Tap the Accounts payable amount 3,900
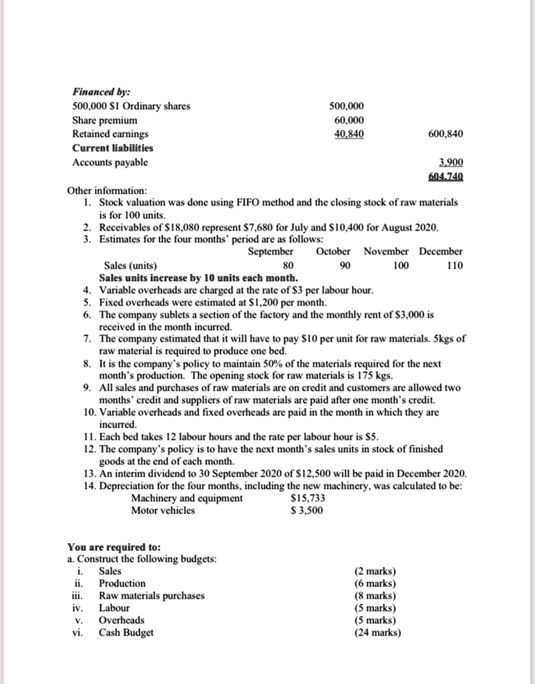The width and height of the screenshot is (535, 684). pos(451,162)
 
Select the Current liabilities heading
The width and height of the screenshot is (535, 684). pos(112,148)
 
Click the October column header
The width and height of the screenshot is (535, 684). pos(333,251)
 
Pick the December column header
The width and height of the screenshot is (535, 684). pos(441,251)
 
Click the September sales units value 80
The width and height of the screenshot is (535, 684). pos(271,265)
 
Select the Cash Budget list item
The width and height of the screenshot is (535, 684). pos(126,632)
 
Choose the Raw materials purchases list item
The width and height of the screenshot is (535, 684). pos(152,595)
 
